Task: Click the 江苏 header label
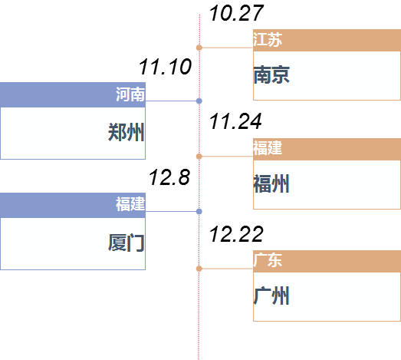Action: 268,40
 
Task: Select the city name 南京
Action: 271,74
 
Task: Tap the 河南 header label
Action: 130,94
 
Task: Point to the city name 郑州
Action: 126,133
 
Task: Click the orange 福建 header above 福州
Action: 268,149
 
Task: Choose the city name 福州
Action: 271,184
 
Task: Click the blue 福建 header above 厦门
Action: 130,204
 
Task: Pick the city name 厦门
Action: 126,243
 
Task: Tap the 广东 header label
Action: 268,260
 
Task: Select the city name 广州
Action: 271,296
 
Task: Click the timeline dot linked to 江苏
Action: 199,48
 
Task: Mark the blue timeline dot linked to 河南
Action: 199,101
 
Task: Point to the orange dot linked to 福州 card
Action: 199,157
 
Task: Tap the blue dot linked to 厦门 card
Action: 199,211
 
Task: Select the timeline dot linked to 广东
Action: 199,269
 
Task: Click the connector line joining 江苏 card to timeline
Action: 227,48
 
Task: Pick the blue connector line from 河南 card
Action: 171,101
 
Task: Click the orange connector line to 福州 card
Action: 227,157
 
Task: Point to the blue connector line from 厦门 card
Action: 171,211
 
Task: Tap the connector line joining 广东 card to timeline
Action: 227,269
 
